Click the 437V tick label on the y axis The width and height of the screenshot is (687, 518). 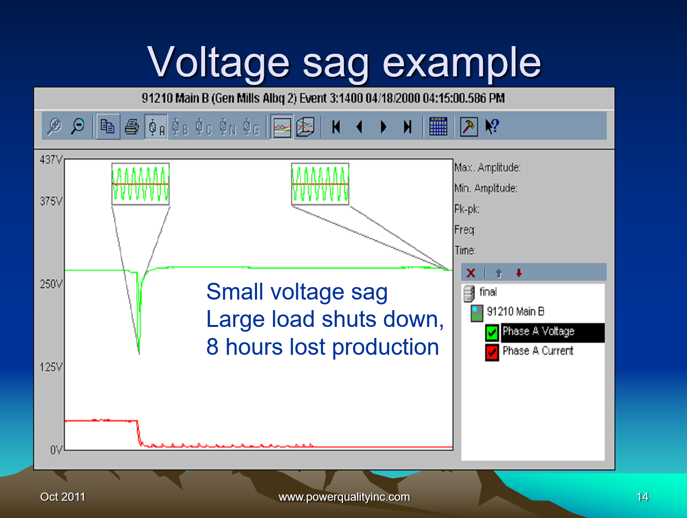51,160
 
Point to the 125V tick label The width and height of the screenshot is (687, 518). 51,367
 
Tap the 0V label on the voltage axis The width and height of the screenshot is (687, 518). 56,450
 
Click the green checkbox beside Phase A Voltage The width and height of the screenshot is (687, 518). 491,333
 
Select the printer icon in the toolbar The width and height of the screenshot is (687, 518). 132,127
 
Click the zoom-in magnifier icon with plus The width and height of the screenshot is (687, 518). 54,126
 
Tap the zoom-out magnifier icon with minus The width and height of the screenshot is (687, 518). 78,126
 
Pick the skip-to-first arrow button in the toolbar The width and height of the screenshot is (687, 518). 336,127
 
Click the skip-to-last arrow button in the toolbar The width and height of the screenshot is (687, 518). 407,127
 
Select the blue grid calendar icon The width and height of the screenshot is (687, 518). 438,126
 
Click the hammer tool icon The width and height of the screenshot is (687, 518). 469,127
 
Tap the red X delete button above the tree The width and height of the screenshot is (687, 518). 471,273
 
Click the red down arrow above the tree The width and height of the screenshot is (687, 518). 519,273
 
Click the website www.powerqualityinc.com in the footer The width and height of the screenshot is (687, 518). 344,497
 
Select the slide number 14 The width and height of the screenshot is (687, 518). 642,497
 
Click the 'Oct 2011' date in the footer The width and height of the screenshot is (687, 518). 62,497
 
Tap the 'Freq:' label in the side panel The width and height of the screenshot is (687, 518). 465,230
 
